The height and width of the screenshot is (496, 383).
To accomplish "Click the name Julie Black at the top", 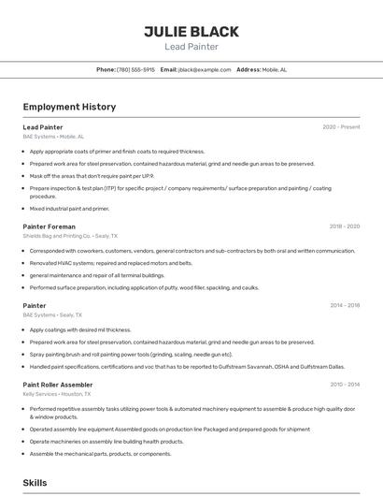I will pyautogui.click(x=191, y=31).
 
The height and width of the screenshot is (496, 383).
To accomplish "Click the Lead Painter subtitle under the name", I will pyautogui.click(x=191, y=47).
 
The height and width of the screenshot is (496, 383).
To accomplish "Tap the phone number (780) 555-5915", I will pyautogui.click(x=135, y=69).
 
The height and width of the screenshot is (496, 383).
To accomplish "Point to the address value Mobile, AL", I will pyautogui.click(x=275, y=69).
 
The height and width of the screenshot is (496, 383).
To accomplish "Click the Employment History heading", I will pyautogui.click(x=69, y=107).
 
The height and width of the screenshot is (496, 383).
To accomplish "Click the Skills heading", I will pyautogui.click(x=35, y=482).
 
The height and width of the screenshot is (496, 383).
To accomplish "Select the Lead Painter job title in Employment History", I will pyautogui.click(x=43, y=127).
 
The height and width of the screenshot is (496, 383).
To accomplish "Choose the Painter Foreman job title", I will pyautogui.click(x=49, y=226).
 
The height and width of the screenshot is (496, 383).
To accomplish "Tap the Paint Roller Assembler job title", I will pyautogui.click(x=58, y=385).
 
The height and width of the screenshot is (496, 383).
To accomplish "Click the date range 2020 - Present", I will pyautogui.click(x=341, y=127).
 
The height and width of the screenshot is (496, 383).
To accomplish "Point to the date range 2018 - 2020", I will pyautogui.click(x=344, y=226).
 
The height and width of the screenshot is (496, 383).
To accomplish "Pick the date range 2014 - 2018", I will pyautogui.click(x=344, y=305).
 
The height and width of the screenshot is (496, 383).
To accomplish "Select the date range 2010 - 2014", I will pyautogui.click(x=344, y=385).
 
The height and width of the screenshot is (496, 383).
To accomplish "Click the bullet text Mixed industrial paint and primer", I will pyautogui.click(x=69, y=209).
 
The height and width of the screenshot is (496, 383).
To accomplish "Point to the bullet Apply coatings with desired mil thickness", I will pyautogui.click(x=80, y=329).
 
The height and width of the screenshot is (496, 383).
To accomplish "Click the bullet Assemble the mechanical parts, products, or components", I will pyautogui.click(x=100, y=454).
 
